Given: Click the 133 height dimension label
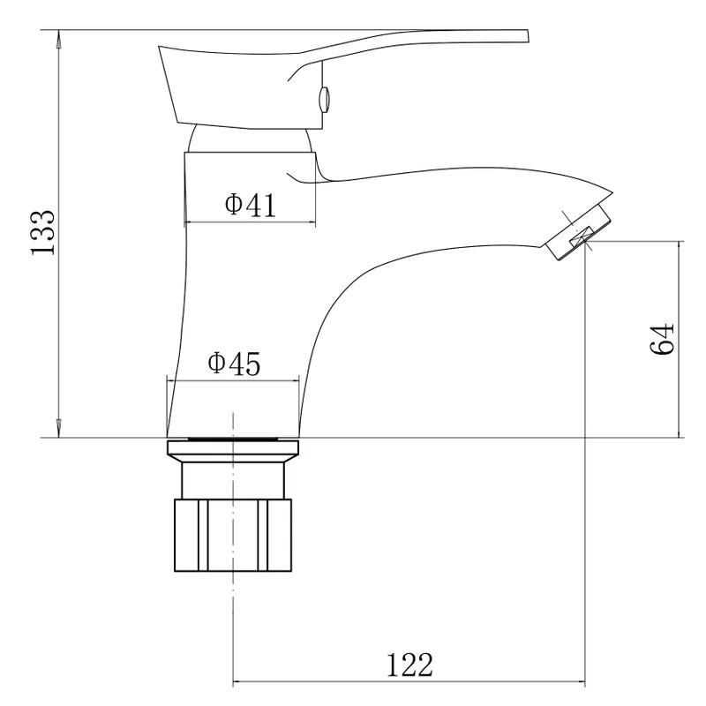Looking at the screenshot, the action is [43, 233].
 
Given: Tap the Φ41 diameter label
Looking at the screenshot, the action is [250, 206].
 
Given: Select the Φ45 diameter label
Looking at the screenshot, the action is [234, 364].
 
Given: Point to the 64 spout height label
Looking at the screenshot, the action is [663, 339].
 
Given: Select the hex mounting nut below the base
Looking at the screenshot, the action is [233, 535].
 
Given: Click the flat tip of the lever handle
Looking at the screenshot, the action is [526, 36].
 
